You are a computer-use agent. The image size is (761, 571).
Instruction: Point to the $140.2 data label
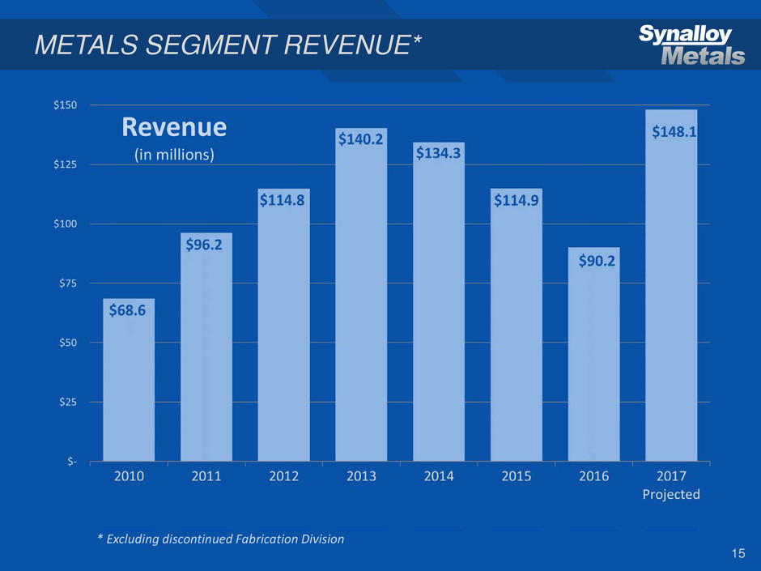(x=361, y=139)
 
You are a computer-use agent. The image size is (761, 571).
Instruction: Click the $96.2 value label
(x=206, y=244)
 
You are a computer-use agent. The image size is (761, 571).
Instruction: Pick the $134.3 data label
(x=439, y=153)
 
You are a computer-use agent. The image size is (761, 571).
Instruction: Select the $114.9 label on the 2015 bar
(x=517, y=200)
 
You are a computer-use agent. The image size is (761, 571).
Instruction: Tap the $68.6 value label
(x=129, y=309)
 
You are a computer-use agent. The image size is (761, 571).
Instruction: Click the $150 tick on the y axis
(x=66, y=105)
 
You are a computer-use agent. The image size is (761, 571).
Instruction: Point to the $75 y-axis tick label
(x=68, y=283)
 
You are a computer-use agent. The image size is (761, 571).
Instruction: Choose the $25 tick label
(x=68, y=402)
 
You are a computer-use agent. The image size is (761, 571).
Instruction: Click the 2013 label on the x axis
(x=361, y=476)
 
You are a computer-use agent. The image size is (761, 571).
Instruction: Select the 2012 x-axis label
(x=283, y=476)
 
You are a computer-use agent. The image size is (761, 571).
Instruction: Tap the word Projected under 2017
(x=671, y=494)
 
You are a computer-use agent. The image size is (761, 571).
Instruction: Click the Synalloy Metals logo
(x=691, y=45)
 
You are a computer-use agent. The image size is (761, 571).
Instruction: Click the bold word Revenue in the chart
(x=174, y=128)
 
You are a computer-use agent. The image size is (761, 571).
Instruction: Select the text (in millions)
(x=174, y=154)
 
